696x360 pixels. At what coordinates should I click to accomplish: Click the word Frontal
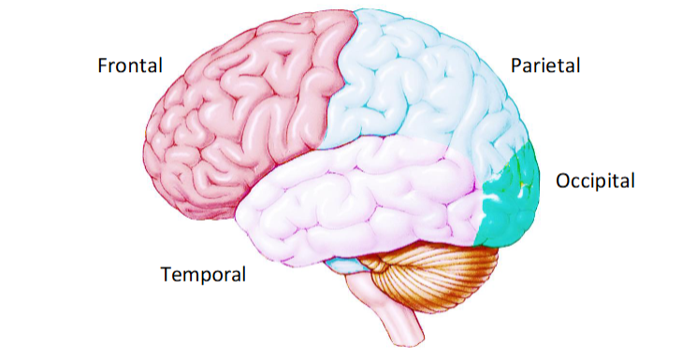130,65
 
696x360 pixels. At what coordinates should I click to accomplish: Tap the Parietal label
545,65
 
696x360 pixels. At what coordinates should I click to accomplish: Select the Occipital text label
595,180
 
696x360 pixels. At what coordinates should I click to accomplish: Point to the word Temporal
203,275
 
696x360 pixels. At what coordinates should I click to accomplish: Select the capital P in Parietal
515,65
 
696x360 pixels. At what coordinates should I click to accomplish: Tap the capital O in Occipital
563,180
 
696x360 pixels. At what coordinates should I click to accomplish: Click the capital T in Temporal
166,275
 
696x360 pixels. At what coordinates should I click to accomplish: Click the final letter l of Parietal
578,65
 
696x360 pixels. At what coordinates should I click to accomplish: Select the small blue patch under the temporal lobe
351,266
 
